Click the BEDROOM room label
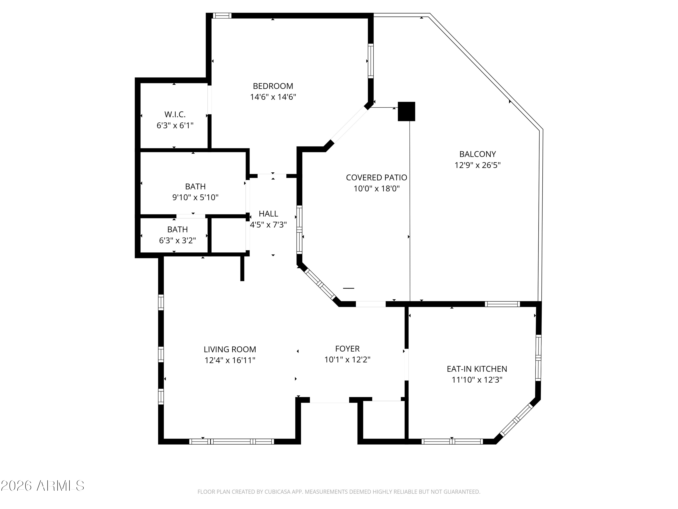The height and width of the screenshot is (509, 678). (273, 86)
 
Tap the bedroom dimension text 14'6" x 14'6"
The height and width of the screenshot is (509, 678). (273, 97)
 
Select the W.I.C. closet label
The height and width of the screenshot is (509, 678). (175, 114)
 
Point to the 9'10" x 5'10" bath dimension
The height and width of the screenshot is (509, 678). (195, 197)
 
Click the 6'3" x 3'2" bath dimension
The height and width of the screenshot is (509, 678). (177, 240)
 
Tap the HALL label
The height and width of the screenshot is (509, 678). (268, 214)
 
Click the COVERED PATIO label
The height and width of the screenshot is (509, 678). (376, 177)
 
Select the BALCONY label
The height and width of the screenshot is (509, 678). (477, 154)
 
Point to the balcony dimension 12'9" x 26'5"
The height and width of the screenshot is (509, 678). (477, 165)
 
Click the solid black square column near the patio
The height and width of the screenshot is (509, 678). (406, 111)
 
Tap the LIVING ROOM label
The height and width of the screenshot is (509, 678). (230, 349)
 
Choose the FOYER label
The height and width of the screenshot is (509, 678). (347, 349)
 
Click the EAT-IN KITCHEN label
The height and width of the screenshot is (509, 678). (477, 369)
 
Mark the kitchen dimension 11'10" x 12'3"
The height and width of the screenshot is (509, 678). (477, 380)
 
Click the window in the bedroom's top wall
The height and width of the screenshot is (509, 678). (222, 16)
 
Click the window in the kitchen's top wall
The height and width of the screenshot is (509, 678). (502, 304)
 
